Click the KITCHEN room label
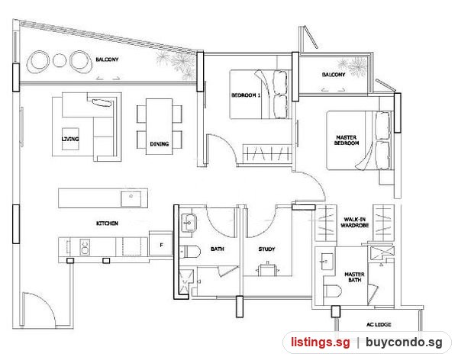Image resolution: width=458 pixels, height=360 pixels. coord(107,223)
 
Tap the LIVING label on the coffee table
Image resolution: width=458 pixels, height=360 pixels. coord(70,139)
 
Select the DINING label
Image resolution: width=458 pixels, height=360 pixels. coord(160,144)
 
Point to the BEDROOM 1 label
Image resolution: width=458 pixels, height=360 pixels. coord(246,95)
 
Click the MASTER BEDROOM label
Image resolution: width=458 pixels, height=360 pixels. coord(347,140)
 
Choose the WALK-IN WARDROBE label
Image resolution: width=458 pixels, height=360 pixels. coord(355,223)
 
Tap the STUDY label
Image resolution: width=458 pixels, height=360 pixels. coord(266,249)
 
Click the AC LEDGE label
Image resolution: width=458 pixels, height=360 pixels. coord(379,324)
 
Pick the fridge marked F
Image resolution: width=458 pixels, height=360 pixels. coord(160,244)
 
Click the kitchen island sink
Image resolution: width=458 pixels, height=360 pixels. coord(131,198)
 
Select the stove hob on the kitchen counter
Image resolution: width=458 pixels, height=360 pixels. coord(85,247)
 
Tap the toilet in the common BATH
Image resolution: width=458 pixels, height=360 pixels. coord(190,252)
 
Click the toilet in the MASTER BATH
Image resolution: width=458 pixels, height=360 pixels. coord(332,291)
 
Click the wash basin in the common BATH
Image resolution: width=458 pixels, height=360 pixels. coord(189,223)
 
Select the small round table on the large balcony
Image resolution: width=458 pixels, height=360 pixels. coord(60,60)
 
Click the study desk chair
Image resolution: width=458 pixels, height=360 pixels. coord(267,269)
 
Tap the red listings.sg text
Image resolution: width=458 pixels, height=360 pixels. coord(320,342)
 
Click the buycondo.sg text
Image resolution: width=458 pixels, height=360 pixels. coord(404,342)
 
